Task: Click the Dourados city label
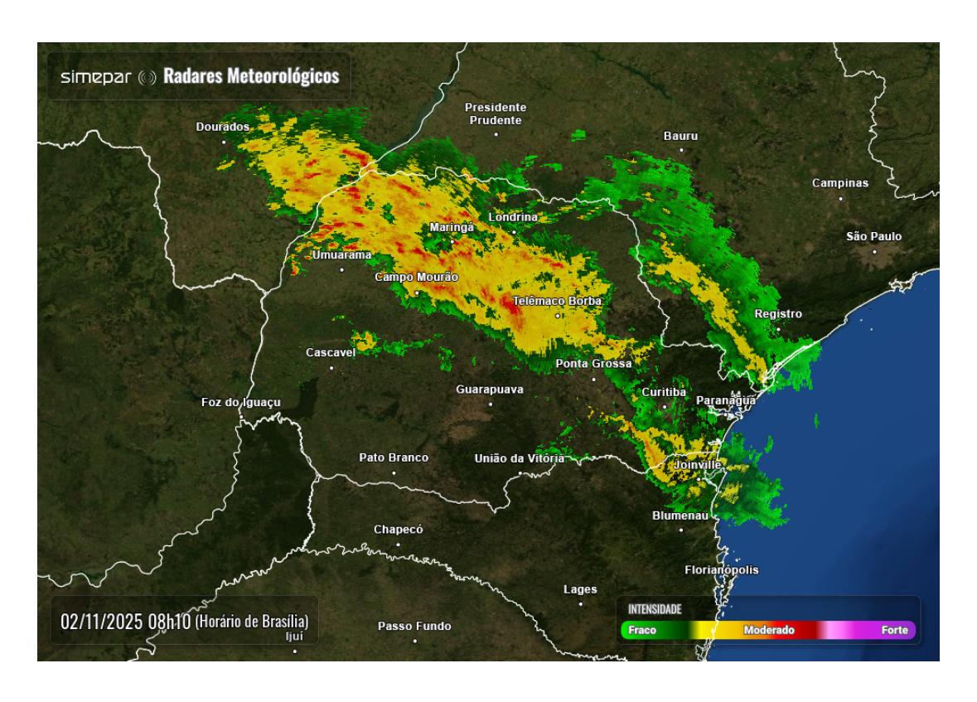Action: pos(222,127)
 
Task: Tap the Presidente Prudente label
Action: pos(496,114)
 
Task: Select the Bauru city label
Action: pos(681,135)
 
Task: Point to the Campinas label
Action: pos(840,183)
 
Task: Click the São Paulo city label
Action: pos(873,237)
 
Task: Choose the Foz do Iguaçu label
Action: pos(241,403)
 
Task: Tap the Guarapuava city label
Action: pos(490,390)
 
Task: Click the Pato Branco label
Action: pos(394,458)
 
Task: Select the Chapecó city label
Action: pos(399,530)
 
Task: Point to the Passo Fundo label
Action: pos(414,627)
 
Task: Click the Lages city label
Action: pos(580,589)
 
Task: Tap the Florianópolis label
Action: pos(721,570)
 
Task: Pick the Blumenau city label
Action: pos(680,516)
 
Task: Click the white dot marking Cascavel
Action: pos(331,367)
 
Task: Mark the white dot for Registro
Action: pos(777,329)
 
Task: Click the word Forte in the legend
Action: pos(894,631)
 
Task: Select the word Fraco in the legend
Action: pos(642,631)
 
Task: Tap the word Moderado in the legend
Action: pos(769,631)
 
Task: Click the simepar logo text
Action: pos(96,77)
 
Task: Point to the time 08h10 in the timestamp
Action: pos(169,621)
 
